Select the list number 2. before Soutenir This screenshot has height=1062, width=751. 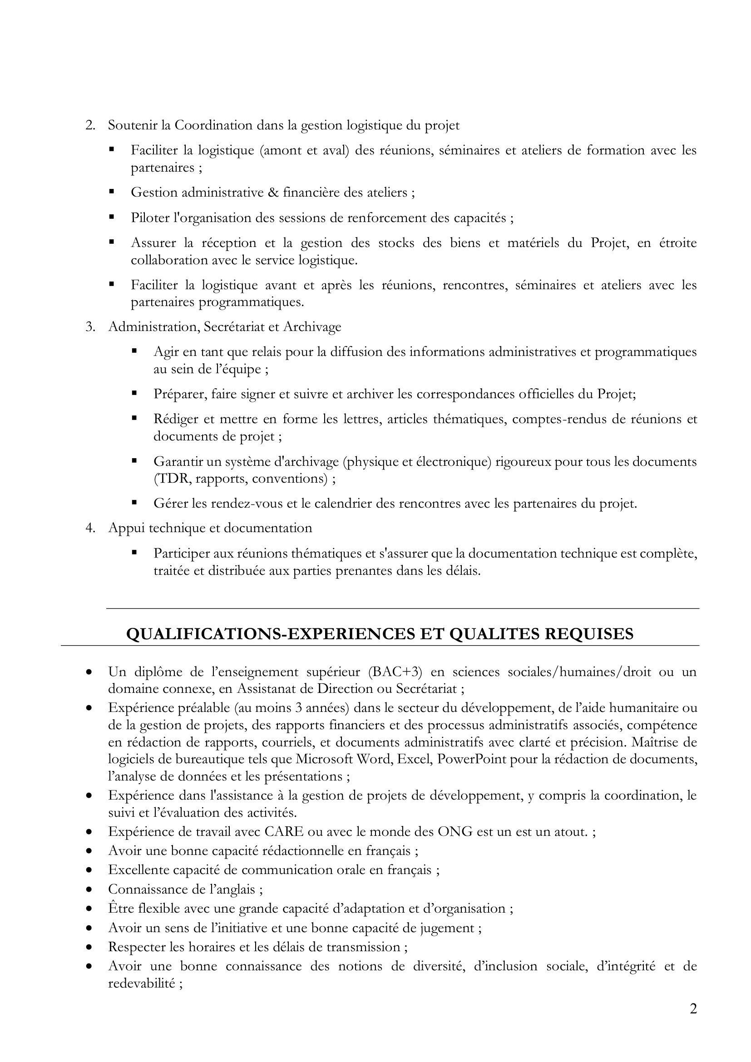point(90,125)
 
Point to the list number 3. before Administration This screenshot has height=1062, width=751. point(90,327)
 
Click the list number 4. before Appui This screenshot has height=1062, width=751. point(90,528)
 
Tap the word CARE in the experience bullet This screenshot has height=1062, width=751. point(284,832)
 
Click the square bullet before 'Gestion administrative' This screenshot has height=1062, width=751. point(111,191)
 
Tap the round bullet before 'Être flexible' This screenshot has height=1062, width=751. point(89,909)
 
